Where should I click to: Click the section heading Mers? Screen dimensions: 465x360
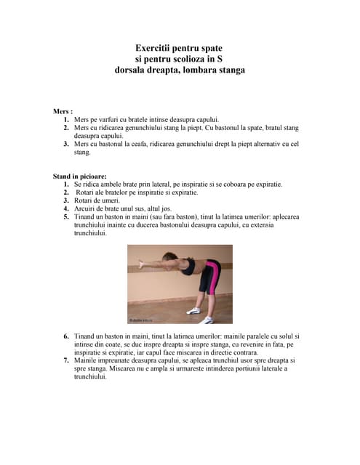63,111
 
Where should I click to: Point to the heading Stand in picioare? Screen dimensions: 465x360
79,176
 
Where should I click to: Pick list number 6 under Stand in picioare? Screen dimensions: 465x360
66,336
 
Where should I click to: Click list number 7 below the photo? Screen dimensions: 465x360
66,360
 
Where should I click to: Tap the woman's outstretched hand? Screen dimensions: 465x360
133,266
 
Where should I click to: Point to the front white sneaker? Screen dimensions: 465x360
193,310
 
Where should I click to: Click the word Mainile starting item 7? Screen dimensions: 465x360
87,360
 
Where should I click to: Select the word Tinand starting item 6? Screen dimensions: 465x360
86,336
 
